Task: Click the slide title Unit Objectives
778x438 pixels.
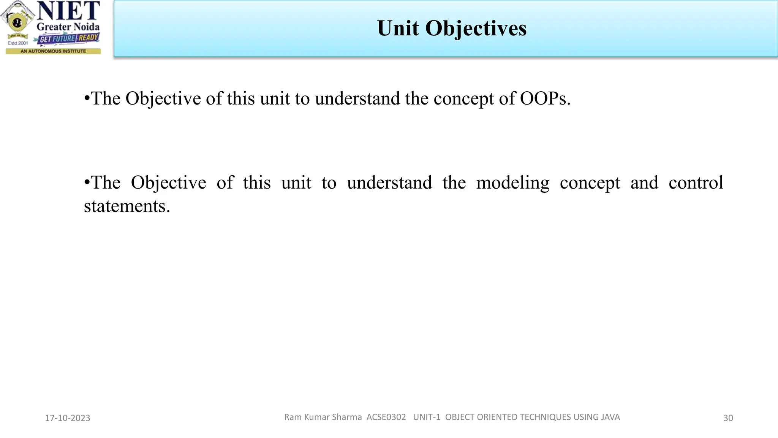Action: tap(451, 29)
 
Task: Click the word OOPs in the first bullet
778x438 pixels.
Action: tap(545, 98)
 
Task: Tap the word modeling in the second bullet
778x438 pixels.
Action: tap(512, 183)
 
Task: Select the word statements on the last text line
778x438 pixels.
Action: tap(127, 206)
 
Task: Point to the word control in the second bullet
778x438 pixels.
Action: tap(696, 183)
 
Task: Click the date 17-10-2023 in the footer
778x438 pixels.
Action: tap(68, 418)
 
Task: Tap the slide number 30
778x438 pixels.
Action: tap(728, 418)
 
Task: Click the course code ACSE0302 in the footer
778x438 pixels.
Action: tap(386, 417)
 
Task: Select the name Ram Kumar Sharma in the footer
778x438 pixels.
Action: tap(323, 417)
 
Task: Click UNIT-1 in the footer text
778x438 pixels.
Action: tap(427, 417)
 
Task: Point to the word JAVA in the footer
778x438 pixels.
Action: tap(610, 417)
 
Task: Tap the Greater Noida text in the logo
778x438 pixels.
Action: tap(68, 27)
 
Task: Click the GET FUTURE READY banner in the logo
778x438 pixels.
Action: tap(68, 38)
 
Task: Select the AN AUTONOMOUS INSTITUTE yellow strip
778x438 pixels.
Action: tap(53, 51)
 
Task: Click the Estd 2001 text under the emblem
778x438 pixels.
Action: tap(18, 43)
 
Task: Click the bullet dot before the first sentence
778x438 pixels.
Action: tap(87, 99)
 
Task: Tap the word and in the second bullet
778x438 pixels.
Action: tap(644, 183)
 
